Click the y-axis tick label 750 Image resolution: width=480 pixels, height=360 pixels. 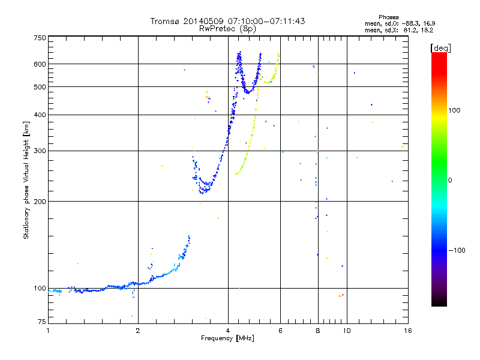click(x=40, y=37)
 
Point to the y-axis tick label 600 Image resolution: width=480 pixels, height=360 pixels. click(x=40, y=64)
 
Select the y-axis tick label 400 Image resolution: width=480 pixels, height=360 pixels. click(x=40, y=115)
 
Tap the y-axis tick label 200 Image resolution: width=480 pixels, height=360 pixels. click(x=40, y=201)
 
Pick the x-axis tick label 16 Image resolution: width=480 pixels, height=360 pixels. click(x=407, y=331)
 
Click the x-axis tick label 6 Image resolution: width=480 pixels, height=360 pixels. click(x=280, y=331)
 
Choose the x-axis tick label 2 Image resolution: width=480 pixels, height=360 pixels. click(x=138, y=331)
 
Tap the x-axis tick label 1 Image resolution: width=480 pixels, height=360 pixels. click(x=48, y=331)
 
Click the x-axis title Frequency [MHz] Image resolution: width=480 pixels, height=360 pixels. click(x=227, y=339)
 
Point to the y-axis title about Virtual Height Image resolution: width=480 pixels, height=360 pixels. click(x=26, y=180)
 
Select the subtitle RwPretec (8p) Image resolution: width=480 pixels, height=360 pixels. click(x=227, y=28)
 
